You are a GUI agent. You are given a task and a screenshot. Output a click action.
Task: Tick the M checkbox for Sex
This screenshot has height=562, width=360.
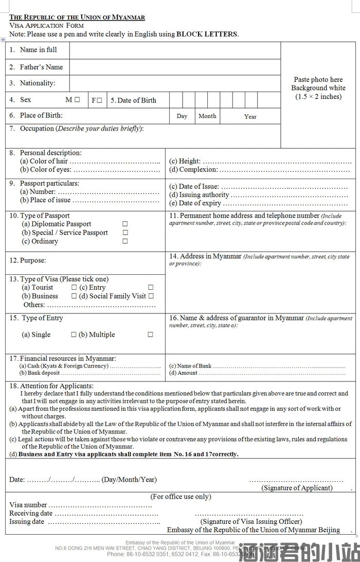77,100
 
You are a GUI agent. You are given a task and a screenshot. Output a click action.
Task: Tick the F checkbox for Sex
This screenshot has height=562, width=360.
99,100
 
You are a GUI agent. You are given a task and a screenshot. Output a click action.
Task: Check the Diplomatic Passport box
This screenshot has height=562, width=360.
125,224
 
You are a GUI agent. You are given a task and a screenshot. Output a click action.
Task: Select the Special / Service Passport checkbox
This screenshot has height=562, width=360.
125,233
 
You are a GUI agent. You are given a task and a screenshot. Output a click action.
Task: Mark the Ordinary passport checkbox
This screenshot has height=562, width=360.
125,241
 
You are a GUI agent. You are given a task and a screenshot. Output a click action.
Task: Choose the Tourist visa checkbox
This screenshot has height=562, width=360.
74,288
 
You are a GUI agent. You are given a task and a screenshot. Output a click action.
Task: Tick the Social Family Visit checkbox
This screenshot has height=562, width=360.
151,296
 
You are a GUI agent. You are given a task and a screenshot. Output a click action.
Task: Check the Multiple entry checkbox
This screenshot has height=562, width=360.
150,335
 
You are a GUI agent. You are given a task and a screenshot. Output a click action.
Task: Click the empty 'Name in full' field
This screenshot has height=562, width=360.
175,50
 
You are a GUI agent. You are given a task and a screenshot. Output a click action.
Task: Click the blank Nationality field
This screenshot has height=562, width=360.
175,83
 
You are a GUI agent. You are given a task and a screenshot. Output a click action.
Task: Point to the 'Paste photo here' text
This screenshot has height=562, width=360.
318,80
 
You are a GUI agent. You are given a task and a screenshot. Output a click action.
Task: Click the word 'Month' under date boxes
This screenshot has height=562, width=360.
207,116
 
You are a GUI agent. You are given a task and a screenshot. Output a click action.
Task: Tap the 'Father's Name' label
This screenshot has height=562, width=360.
41,67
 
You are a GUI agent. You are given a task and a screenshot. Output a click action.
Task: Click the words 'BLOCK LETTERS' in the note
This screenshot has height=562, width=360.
207,34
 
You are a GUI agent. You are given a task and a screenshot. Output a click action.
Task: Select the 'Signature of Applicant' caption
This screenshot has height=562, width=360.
297,488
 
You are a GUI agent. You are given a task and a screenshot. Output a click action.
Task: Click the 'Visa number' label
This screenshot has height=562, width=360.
28,505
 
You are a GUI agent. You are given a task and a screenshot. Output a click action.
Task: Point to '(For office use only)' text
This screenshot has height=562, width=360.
181,497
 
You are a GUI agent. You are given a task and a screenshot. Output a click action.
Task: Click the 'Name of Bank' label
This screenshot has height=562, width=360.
190,366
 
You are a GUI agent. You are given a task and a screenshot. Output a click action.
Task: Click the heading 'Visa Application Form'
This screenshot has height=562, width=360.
46,25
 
